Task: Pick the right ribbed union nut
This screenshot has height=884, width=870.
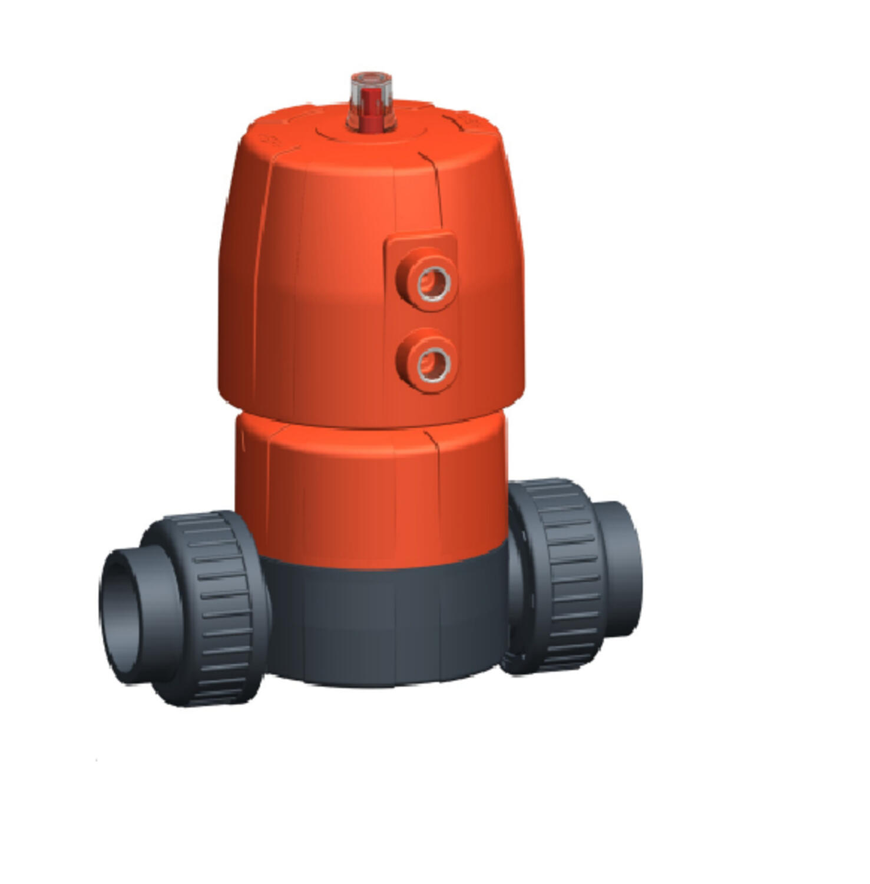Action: (563, 575)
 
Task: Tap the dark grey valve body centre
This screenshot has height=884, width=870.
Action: (383, 625)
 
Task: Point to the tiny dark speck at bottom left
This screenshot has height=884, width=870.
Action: (96, 760)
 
